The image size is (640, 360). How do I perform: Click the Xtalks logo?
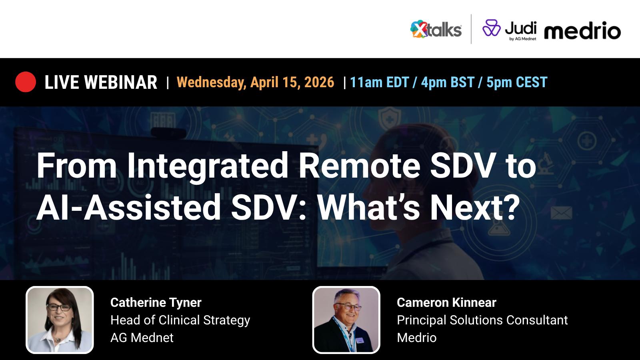(436, 30)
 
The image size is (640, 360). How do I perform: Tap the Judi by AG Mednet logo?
(509, 30)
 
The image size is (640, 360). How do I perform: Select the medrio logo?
(582, 31)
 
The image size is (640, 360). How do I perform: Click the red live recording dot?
(26, 82)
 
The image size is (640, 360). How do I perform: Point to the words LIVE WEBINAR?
(101, 82)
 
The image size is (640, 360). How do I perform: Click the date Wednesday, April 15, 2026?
(255, 82)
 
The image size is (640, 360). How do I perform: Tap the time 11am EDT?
(379, 82)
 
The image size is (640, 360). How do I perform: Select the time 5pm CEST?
(517, 82)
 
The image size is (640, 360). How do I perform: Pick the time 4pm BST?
(448, 82)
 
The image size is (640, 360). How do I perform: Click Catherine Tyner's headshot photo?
(60, 320)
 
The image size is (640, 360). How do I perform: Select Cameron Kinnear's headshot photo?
(346, 320)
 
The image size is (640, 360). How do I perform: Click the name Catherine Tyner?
(156, 302)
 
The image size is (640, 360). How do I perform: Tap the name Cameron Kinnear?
(446, 302)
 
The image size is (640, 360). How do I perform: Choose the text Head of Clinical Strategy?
(180, 320)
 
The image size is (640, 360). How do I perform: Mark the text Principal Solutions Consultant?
(482, 320)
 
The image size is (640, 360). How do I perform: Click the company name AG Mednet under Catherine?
(142, 338)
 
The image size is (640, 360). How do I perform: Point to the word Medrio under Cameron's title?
(416, 338)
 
